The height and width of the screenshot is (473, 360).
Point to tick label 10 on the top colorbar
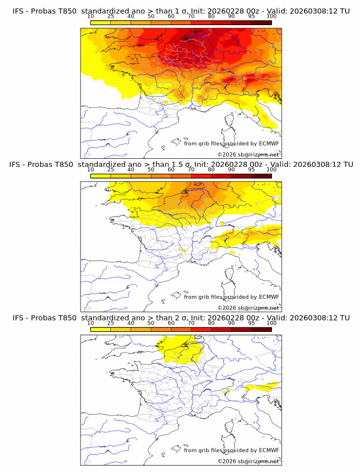pyautogui.click(x=91, y=16)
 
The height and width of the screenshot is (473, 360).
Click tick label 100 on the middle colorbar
pyautogui.click(x=271, y=170)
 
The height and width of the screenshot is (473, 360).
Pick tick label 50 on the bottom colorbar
pyautogui.click(x=151, y=323)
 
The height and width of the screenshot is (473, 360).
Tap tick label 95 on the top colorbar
pyautogui.click(x=251, y=16)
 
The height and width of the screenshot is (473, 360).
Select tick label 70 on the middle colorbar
pyautogui.click(x=191, y=170)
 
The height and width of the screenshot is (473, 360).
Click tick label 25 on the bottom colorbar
pyautogui.click(x=111, y=323)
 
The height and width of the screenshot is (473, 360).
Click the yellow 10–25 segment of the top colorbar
pyautogui.click(x=101, y=22)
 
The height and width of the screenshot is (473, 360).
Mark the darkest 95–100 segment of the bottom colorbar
pyautogui.click(x=261, y=329)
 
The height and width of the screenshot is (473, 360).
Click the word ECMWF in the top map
pyautogui.click(x=269, y=144)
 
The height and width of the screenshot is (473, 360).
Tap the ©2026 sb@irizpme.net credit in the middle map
pyautogui.click(x=248, y=308)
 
